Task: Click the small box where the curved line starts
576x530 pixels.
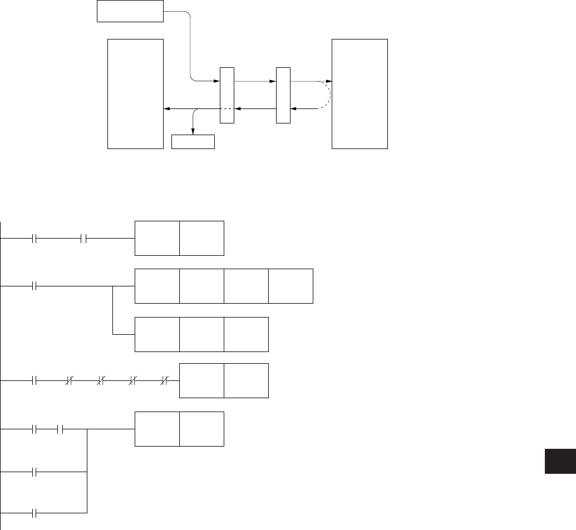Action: click(x=130, y=11)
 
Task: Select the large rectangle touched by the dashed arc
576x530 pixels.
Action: click(x=360, y=93)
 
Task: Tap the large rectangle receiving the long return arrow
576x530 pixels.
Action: click(x=135, y=93)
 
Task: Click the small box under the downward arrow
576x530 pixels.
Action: click(x=193, y=142)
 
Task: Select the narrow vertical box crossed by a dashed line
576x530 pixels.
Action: click(x=227, y=95)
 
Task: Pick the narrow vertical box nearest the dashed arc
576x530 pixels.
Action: click(x=283, y=95)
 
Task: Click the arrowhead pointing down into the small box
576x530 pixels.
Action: click(x=193, y=131)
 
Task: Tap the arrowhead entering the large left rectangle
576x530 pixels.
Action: click(x=166, y=109)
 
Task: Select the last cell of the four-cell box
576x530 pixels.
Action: click(x=291, y=286)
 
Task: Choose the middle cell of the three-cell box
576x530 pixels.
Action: click(x=201, y=334)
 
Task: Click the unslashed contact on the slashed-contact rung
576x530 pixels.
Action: click(x=35, y=381)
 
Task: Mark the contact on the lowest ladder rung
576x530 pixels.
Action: click(x=35, y=512)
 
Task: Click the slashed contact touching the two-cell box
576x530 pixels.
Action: click(x=165, y=381)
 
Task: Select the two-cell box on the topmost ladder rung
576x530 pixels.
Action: click(x=179, y=238)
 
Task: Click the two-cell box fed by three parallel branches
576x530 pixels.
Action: click(x=179, y=429)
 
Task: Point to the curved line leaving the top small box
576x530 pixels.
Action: click(x=190, y=44)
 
